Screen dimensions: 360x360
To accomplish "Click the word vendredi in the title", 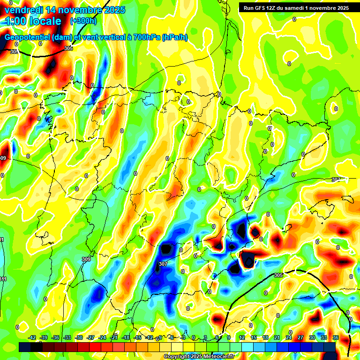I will tap(22, 9).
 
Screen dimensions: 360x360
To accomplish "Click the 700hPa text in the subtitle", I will tap(144, 37).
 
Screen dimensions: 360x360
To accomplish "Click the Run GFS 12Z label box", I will tap(296, 7).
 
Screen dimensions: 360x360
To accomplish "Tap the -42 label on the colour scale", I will tap(32, 337).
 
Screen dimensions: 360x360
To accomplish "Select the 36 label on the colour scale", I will tap(335, 337).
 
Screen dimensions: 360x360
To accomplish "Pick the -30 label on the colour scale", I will tap(79, 337).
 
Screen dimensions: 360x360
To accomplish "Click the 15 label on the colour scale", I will tap(254, 337).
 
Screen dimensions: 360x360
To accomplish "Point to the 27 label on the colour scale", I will tap(300, 337).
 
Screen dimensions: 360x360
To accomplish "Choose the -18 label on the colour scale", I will tap(126, 337).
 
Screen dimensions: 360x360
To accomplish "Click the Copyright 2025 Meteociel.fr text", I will tap(199, 356).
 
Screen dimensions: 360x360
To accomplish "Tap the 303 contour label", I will tap(14, 52).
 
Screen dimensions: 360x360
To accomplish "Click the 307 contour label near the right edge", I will tap(336, 180).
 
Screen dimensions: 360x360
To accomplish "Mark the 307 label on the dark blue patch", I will tap(163, 264).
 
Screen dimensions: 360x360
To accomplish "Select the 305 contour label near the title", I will tap(68, 48).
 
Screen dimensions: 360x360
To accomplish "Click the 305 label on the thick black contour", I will tap(278, 275).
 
